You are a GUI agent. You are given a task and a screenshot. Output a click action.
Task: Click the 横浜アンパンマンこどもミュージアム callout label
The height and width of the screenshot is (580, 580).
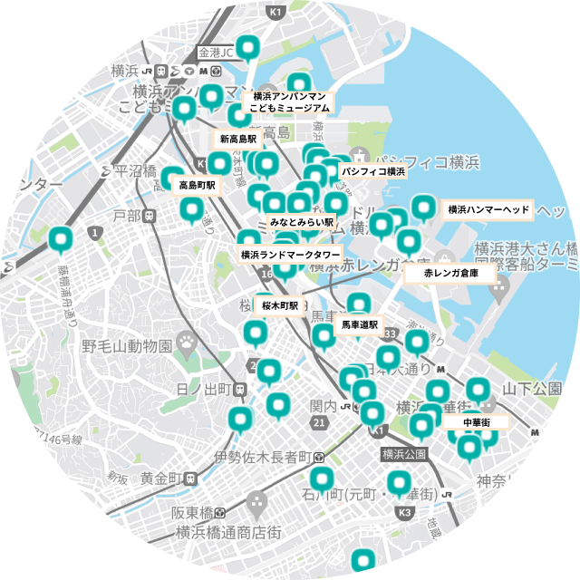[x=290, y=101]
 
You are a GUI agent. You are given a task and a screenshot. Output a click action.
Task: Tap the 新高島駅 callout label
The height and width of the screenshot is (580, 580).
[x=237, y=140]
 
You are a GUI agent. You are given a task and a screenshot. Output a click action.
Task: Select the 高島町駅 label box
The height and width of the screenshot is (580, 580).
[x=197, y=185]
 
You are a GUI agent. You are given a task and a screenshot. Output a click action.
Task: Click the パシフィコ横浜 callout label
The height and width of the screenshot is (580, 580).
[x=372, y=170]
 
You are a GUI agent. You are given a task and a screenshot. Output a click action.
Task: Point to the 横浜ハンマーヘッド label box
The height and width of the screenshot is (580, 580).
[x=488, y=209]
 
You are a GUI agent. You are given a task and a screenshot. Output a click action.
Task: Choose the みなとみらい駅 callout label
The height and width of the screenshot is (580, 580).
[x=302, y=222]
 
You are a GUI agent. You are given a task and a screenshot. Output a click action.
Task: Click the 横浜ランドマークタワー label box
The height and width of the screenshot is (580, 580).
[x=290, y=255]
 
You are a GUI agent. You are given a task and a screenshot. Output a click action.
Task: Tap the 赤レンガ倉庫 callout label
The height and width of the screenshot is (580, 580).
[x=450, y=272]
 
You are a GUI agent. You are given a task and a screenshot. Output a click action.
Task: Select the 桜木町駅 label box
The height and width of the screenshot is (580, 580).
[x=280, y=306]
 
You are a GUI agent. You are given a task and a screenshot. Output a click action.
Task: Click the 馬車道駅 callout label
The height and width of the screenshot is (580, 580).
[x=359, y=324]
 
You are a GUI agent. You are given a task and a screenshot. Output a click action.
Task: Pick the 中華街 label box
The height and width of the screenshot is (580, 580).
[x=476, y=422]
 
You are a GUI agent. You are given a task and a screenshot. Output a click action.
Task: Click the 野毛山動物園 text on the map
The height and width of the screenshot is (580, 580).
[x=127, y=346]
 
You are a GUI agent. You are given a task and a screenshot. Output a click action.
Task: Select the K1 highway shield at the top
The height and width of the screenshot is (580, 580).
[x=276, y=13]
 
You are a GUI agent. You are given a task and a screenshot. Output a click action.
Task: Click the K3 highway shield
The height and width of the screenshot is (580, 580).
[x=405, y=513]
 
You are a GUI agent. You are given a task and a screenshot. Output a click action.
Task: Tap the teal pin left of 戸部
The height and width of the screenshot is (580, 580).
[x=62, y=239]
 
